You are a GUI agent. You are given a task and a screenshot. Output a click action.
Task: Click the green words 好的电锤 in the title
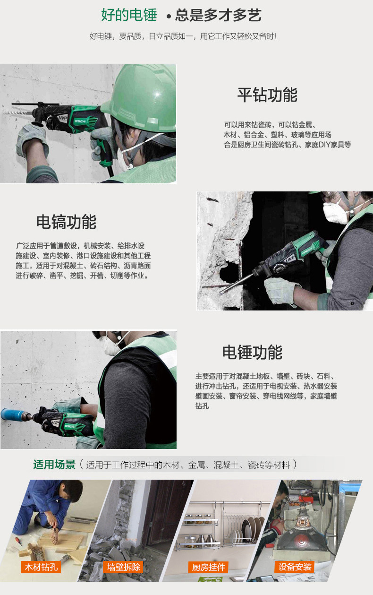(129, 15)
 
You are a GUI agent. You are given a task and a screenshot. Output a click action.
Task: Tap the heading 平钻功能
(267, 95)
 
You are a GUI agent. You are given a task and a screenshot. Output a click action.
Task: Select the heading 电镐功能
(66, 222)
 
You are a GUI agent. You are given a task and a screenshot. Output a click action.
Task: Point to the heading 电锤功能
(252, 353)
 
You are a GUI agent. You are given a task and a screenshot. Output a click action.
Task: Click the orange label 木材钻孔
(41, 567)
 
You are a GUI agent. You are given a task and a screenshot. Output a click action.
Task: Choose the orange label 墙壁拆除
(124, 567)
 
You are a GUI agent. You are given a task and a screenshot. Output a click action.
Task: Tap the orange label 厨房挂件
(209, 567)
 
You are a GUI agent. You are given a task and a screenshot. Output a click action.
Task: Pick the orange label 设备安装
(295, 567)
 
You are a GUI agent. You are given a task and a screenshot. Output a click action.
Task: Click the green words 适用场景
(54, 465)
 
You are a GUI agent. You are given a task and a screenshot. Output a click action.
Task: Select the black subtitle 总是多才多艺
(218, 15)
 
